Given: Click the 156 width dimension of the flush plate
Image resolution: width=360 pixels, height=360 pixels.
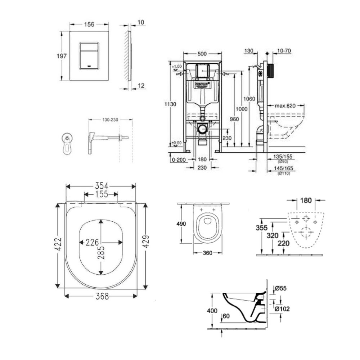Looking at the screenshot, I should [x=89, y=24].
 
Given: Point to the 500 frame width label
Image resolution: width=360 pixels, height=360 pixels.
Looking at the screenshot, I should [x=202, y=54].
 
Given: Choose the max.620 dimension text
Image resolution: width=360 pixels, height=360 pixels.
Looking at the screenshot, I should [x=285, y=106].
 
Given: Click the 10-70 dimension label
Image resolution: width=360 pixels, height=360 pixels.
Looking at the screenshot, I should [x=284, y=51].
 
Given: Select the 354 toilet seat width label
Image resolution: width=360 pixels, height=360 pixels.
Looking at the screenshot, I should [x=101, y=185].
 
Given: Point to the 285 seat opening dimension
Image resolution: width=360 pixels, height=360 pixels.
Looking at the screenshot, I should [x=101, y=248].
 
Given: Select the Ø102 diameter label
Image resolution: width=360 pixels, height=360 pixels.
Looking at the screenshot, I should [x=283, y=309].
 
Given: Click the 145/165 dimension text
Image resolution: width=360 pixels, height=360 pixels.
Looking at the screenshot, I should [x=284, y=168].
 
